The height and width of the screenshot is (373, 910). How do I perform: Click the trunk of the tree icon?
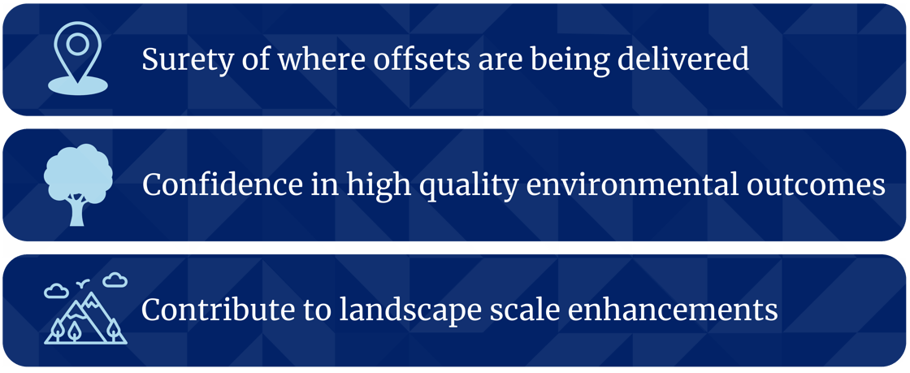(x=78, y=213)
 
